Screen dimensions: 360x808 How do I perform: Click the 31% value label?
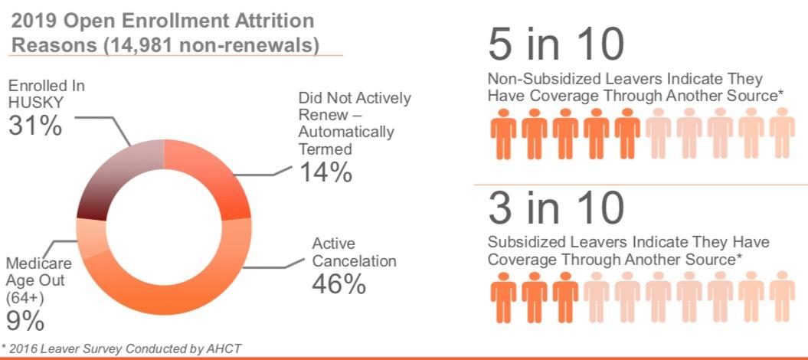tap(34, 126)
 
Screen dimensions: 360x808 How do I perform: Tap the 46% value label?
tap(339, 283)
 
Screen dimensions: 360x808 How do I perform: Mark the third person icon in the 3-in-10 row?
tap(566, 298)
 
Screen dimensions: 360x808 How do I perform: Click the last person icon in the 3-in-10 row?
tap(781, 298)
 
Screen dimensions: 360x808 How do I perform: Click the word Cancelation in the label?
tap(354, 261)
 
